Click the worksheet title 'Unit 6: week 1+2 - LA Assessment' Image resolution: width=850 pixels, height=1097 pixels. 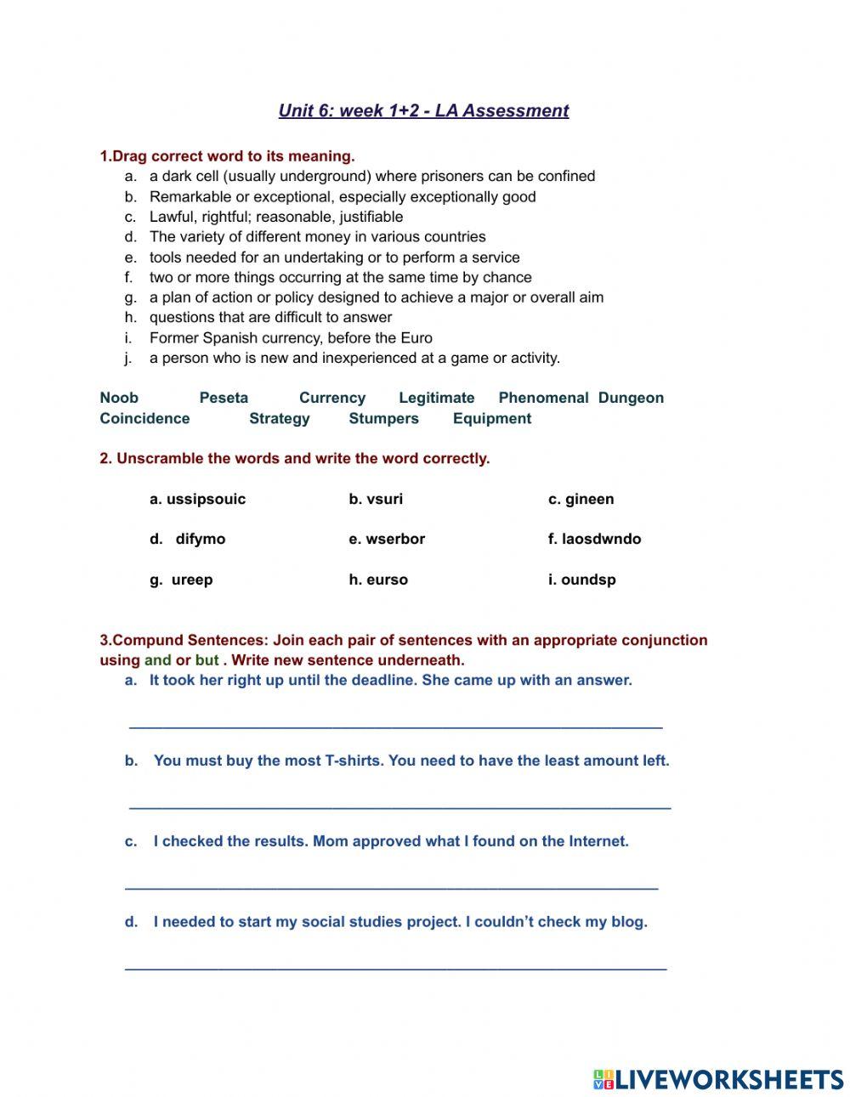423,110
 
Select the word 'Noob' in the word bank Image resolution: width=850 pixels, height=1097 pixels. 119,398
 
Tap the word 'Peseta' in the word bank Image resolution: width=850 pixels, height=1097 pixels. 224,398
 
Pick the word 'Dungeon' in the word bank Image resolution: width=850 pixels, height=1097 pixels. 631,398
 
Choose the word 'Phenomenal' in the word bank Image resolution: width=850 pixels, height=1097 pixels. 543,398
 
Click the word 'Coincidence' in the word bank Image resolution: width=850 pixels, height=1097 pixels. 144,418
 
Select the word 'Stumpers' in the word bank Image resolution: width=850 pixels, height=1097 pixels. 383,418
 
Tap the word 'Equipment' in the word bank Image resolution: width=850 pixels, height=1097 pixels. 491,418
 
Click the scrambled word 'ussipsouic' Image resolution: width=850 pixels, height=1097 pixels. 206,499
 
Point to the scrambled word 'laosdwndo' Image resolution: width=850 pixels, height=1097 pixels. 601,539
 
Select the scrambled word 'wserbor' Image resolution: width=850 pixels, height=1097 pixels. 394,539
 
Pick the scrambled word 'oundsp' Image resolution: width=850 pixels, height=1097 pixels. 588,580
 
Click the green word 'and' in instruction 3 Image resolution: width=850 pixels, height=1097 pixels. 158,660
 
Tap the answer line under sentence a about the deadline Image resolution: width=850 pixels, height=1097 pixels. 395,725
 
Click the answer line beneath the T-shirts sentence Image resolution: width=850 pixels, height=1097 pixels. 399,806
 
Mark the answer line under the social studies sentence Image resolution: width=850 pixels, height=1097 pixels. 395,966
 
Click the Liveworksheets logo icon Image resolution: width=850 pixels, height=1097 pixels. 603,1079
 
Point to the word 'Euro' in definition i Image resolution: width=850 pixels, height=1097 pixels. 416,337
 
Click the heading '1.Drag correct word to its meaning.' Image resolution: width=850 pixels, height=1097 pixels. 227,156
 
